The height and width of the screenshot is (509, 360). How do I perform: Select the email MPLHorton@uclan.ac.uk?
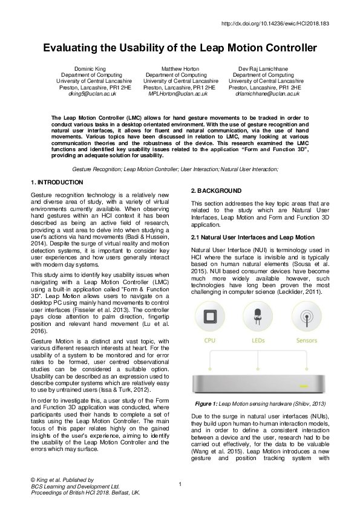click(x=180, y=94)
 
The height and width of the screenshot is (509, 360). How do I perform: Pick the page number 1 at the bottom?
click(x=180, y=484)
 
